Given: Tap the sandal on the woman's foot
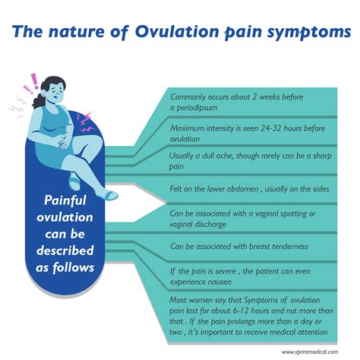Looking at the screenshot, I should pyautogui.click(x=109, y=195).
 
